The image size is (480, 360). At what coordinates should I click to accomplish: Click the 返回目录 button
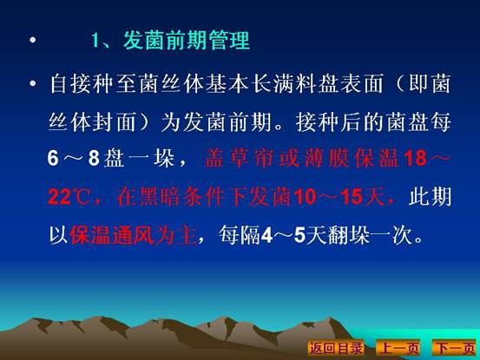click(x=336, y=348)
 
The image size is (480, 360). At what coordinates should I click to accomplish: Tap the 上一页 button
click(x=398, y=348)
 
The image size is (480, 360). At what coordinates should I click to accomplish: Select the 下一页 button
click(x=455, y=348)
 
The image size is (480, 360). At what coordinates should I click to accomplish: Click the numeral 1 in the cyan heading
click(x=95, y=40)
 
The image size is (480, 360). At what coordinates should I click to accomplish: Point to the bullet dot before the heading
click(x=33, y=40)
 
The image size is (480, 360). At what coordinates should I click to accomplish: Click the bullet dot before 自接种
click(x=33, y=83)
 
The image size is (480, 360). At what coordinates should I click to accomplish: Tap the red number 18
click(x=415, y=158)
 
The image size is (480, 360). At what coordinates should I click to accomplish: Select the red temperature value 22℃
click(x=69, y=197)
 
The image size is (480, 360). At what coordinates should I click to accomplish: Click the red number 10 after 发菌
click(x=305, y=197)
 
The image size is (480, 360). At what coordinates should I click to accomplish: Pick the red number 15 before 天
click(x=352, y=197)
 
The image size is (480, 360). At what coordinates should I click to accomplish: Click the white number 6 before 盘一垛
click(x=53, y=159)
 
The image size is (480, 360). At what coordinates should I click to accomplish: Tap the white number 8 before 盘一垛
click(x=94, y=159)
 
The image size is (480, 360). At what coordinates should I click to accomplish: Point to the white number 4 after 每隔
click(x=266, y=235)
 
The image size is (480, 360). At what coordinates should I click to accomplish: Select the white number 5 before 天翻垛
click(x=300, y=235)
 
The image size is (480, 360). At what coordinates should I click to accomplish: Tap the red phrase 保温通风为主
click(x=133, y=235)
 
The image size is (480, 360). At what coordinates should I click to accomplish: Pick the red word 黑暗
click(x=159, y=197)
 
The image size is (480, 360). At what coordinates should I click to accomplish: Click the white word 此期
click(x=430, y=197)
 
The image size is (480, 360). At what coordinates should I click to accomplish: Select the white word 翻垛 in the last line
click(x=348, y=235)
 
